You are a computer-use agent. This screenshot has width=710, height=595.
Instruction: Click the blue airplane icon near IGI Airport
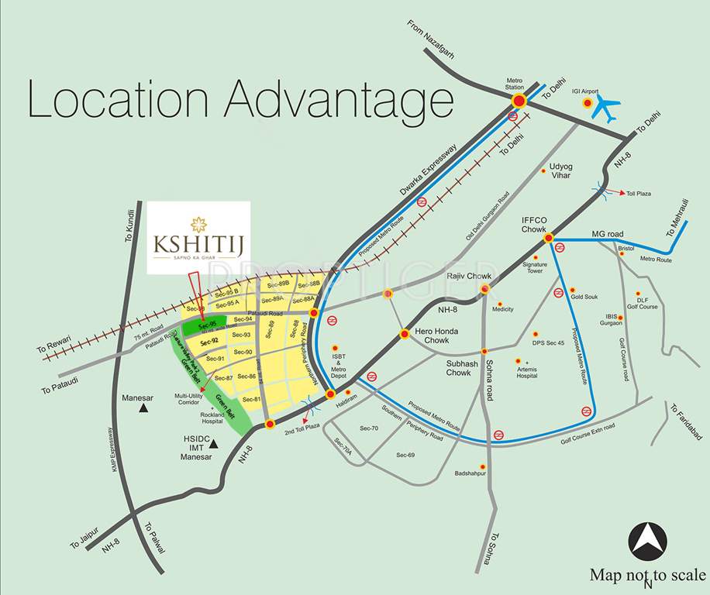(605, 108)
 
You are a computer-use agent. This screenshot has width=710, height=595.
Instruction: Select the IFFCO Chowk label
(534, 225)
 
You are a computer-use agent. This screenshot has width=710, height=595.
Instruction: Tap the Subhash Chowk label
(458, 367)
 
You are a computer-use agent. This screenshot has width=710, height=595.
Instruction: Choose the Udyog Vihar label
(560, 170)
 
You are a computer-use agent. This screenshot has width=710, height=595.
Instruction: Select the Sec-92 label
(209, 341)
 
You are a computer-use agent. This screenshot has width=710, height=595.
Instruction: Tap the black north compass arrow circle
(647, 540)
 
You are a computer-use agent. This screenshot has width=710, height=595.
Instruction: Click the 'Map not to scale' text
(648, 575)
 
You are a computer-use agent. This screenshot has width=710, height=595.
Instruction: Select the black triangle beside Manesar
(144, 406)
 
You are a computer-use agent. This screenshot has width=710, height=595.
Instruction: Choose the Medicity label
(503, 309)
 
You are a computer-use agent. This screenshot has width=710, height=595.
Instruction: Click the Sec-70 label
(368, 428)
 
